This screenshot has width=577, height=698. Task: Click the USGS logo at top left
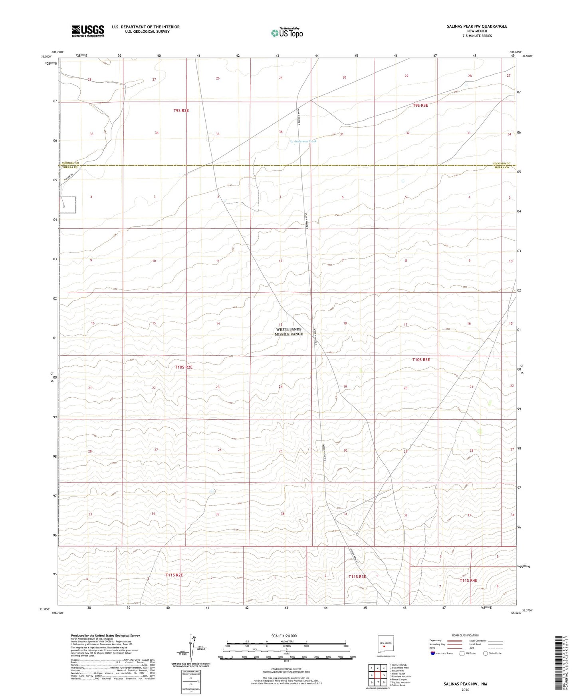[x=88, y=31]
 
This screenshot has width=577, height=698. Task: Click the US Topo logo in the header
[x=287, y=33]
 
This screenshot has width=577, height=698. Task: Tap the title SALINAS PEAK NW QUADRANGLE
[x=477, y=26]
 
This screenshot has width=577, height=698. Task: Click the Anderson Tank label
[x=305, y=141]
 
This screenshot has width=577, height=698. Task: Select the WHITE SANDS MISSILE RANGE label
[x=289, y=331]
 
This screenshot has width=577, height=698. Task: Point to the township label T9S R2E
[x=181, y=110]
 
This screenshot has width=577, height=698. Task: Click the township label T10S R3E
[x=421, y=359]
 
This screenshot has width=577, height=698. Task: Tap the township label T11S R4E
[x=468, y=580]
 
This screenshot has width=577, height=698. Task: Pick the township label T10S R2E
[x=184, y=367]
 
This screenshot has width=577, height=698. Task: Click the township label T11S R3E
[x=357, y=576]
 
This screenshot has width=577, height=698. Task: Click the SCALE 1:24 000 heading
[x=284, y=636]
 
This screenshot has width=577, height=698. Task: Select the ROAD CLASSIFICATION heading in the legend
[x=465, y=635]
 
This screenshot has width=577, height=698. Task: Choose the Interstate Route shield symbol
[x=433, y=653]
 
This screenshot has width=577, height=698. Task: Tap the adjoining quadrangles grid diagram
[x=377, y=675]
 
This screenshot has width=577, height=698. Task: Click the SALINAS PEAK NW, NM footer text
[x=465, y=684]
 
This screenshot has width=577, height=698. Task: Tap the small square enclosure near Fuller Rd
[x=68, y=205]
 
